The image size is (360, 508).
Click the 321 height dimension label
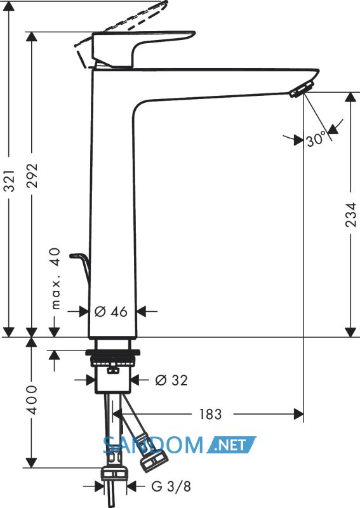pos(10,180)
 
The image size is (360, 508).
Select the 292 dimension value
pos(32,176)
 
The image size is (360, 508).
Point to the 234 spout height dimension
pos(350,215)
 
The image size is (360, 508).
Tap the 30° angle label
pos(316,139)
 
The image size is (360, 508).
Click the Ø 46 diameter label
pos(111,312)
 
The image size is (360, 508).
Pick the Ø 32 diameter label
pos(171,380)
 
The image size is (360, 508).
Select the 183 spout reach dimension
pos(210,414)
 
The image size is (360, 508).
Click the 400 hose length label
pos(32,400)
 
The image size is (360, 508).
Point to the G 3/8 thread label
pos(171,486)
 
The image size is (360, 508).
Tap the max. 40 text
pos(56,279)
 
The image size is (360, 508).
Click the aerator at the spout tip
pos(302,89)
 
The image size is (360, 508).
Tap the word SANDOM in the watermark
pos(153,445)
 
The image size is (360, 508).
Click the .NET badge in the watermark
pos(231,444)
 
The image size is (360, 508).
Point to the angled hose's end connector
pos(154,459)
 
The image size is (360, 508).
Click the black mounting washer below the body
pos(113,352)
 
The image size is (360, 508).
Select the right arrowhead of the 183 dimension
pos(298,414)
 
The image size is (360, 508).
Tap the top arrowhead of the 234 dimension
pos(350,98)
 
